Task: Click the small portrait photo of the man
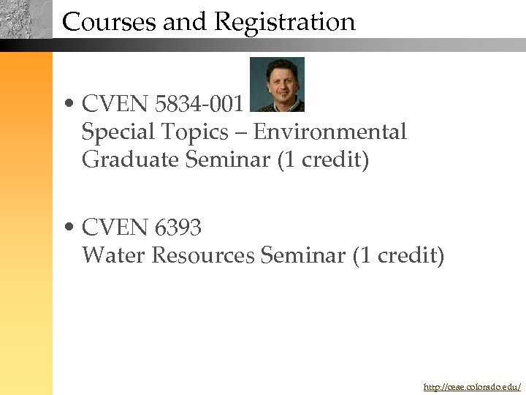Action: pyautogui.click(x=277, y=84)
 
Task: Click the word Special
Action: pyautogui.click(x=117, y=132)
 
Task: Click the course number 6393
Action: pyautogui.click(x=178, y=228)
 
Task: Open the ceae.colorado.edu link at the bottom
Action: pyautogui.click(x=472, y=385)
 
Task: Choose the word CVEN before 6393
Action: pyautogui.click(x=115, y=228)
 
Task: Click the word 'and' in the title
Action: pyautogui.click(x=186, y=22)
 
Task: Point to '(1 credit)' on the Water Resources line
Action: pyautogui.click(x=398, y=255)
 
